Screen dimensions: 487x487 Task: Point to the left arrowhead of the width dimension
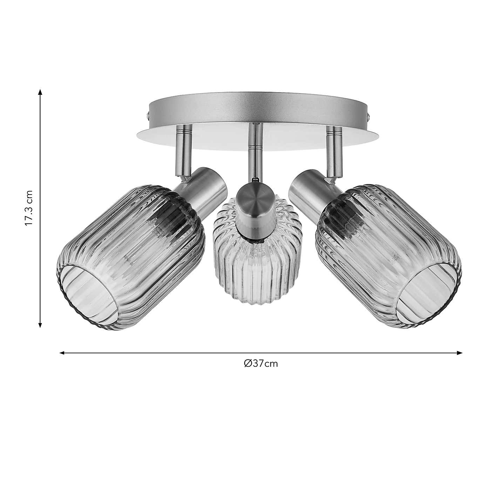pos(62,353)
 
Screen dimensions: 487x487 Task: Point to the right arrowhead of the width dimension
pos(459,353)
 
